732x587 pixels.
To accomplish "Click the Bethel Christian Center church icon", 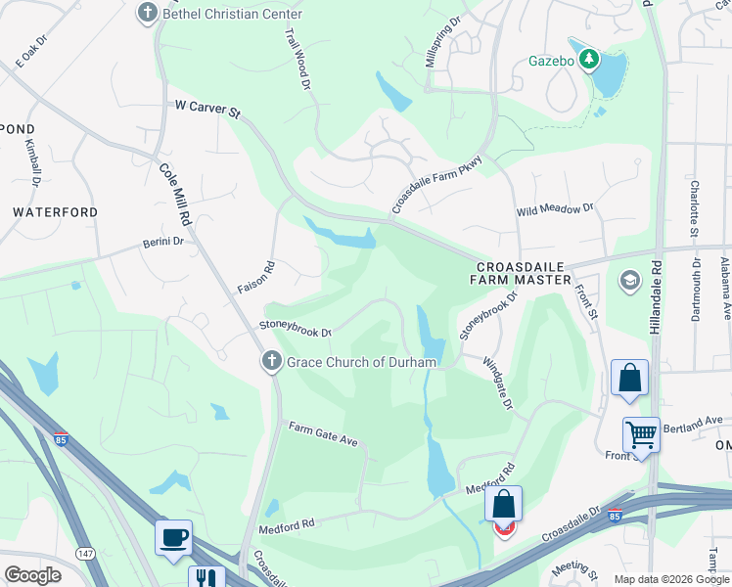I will click(148, 14).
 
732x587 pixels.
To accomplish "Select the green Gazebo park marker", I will click(588, 61).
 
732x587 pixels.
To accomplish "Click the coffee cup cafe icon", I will click(173, 537).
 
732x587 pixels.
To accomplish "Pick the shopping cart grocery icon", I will click(642, 433).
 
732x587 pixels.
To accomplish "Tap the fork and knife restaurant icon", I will click(206, 578).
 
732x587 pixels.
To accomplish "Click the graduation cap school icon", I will click(630, 282).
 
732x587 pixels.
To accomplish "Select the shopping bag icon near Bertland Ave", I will click(629, 378).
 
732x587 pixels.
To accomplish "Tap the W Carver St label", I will click(206, 108).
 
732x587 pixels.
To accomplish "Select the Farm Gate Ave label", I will click(322, 433).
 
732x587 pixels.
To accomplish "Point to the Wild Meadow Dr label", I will click(555, 209).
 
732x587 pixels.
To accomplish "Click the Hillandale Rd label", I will click(659, 293).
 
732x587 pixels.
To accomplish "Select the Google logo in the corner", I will click(32, 574).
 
